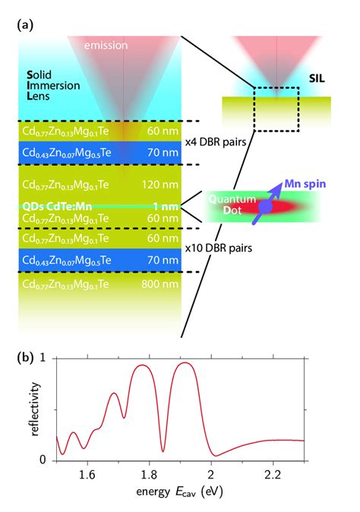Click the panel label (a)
pos(24,24)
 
